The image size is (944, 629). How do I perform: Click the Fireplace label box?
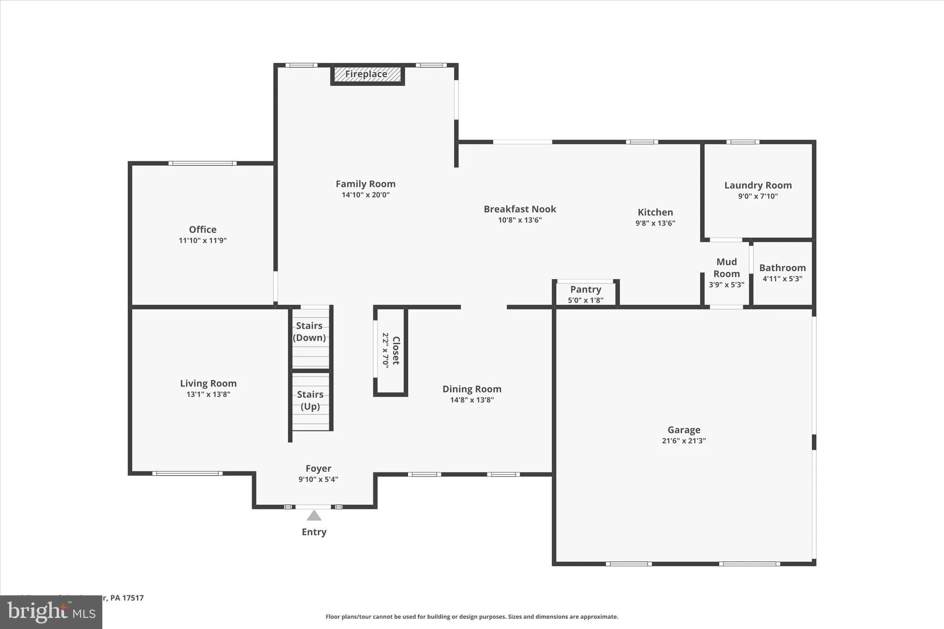point(367,74)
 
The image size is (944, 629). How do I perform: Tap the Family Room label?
point(366,184)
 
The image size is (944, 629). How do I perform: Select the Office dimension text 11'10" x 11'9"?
point(203,241)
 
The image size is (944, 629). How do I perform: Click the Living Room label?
point(208,383)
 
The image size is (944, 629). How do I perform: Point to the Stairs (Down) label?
point(309,332)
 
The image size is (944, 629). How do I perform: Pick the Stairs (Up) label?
point(310,400)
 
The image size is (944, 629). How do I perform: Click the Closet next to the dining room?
point(390,350)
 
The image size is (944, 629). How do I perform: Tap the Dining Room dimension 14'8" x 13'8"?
point(472,400)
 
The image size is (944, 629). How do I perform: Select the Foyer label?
point(319,469)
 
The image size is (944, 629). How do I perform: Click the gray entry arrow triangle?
point(314,516)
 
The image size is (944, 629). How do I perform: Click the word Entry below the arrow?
point(314,532)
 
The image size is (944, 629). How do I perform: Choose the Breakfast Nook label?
point(520,209)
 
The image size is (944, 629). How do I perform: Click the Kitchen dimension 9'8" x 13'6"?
point(655,223)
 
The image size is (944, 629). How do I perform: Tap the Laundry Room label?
point(758,185)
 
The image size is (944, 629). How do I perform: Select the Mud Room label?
point(727,268)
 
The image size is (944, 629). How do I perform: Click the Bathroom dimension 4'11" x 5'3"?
point(783,279)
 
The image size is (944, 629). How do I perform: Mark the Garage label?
point(684,430)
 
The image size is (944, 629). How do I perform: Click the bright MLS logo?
point(51,612)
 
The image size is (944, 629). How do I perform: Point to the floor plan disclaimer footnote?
point(472,617)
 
